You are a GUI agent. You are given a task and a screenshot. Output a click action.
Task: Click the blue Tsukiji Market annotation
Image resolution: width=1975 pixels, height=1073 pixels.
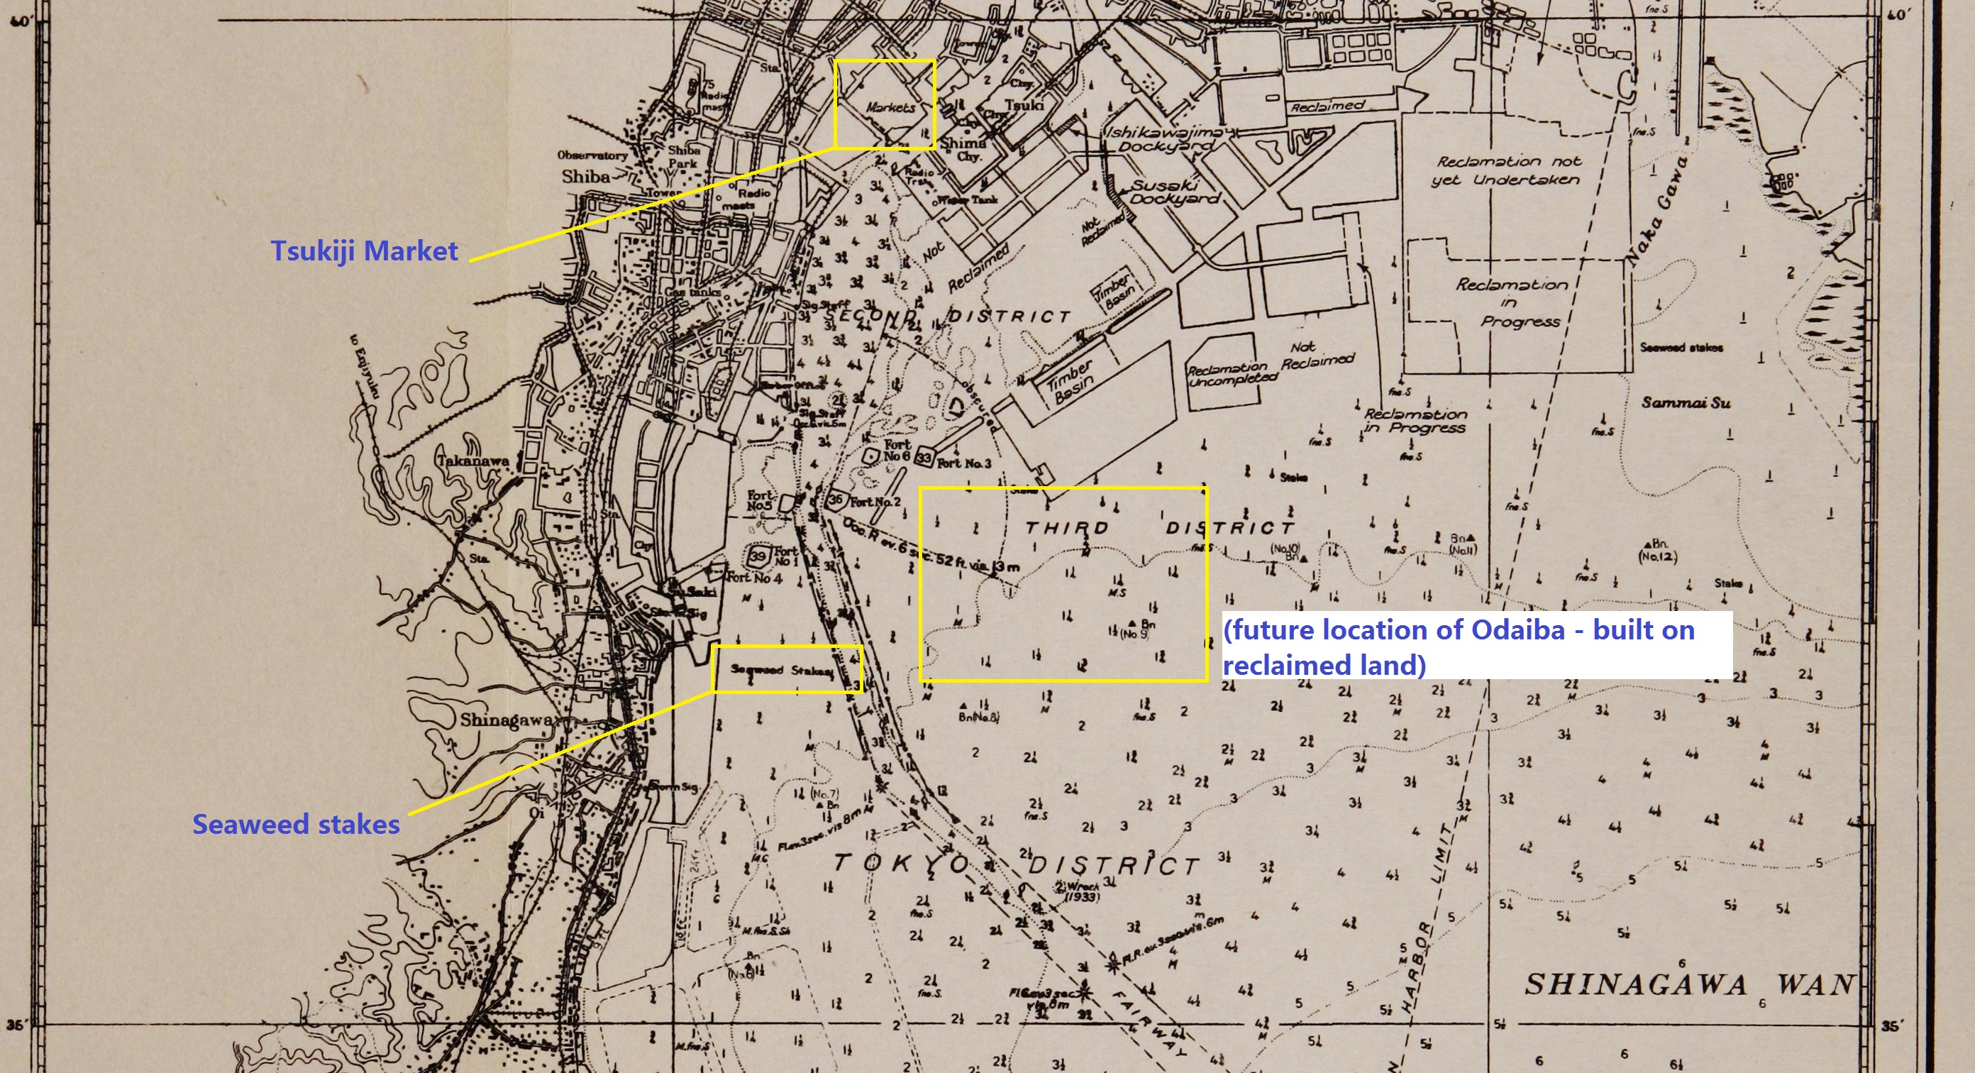pos(364,251)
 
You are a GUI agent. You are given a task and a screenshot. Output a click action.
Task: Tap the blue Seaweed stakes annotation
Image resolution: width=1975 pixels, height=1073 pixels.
pos(296,825)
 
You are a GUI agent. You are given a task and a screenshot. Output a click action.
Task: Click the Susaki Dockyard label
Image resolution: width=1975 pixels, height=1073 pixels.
pos(1175,192)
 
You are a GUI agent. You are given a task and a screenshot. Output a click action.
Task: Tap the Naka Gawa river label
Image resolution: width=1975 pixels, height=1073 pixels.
pos(1654,211)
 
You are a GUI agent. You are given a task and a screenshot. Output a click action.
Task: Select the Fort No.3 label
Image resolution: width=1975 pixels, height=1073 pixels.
pos(963,463)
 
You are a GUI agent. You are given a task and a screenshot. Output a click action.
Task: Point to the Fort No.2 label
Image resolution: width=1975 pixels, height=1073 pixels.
pos(875,502)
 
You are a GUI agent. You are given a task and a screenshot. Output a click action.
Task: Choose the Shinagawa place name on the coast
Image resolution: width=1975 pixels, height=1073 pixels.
pos(507,720)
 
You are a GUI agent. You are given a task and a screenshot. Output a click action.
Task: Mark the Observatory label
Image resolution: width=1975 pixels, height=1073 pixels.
pos(592,155)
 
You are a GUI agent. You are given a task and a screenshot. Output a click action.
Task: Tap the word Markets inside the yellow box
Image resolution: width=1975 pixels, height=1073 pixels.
pos(890,107)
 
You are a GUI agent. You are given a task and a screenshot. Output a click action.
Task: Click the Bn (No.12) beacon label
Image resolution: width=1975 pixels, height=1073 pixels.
pos(1656,551)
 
